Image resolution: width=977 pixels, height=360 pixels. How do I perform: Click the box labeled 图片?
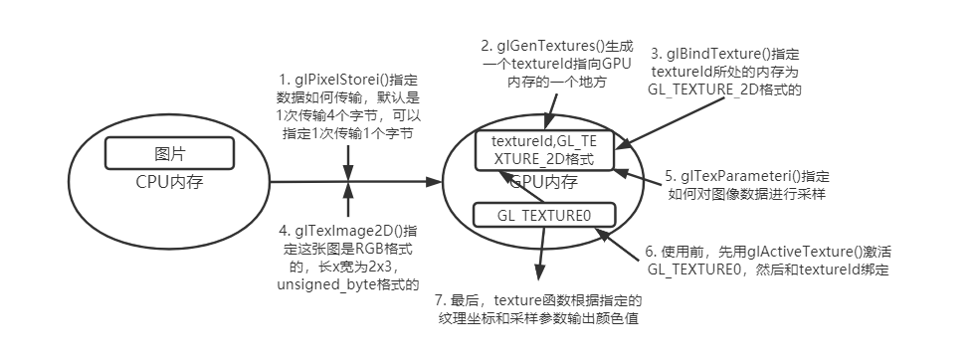tap(170, 154)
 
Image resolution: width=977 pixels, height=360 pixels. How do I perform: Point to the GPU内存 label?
tap(543, 182)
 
